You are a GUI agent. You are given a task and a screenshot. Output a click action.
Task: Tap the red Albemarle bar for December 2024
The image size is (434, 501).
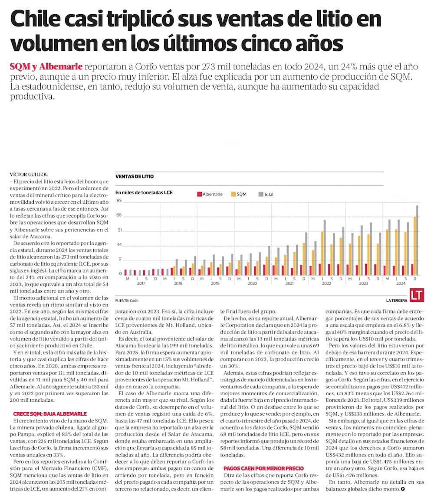412,270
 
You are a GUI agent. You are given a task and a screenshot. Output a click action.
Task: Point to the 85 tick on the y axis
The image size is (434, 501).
118,201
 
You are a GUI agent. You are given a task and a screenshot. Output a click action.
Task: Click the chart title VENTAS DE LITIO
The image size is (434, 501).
134,177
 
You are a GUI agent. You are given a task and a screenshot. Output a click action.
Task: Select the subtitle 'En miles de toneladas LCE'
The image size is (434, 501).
144,192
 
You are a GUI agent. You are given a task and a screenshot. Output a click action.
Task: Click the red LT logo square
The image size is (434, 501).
417,296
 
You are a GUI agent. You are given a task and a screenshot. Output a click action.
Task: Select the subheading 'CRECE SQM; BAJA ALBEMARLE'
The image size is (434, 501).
50,414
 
